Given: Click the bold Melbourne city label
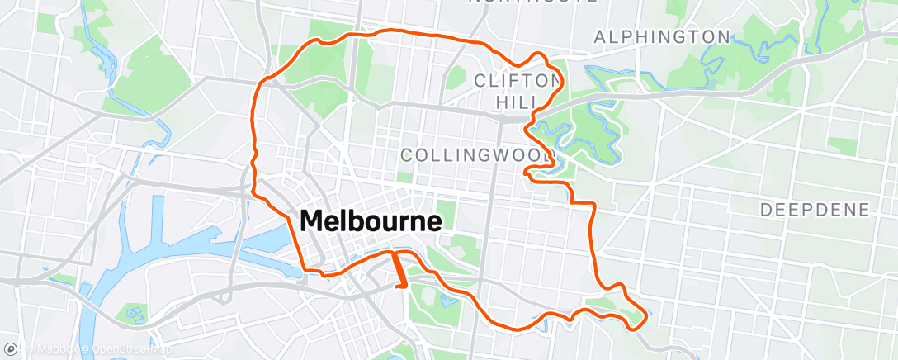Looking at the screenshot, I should tap(371, 221).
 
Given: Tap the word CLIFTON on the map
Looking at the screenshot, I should tap(517, 80).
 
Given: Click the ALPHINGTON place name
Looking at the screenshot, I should tap(662, 37).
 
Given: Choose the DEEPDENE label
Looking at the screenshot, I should tap(815, 210).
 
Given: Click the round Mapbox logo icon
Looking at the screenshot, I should tap(9, 351).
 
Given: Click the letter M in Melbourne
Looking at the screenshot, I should tap(313, 221).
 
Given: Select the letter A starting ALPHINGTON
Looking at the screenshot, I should tap(600, 37).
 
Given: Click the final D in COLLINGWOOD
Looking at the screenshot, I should tap(546, 155).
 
